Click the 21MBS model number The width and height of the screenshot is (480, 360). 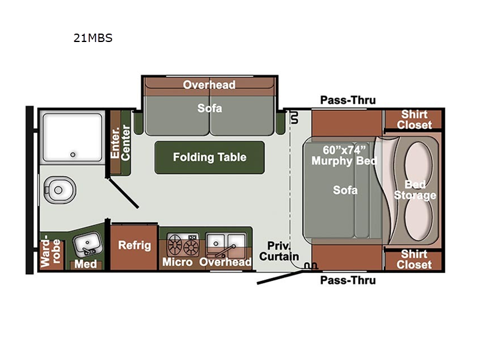click(x=93, y=38)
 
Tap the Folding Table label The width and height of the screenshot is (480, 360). click(x=209, y=157)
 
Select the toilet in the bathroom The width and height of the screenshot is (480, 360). click(x=59, y=190)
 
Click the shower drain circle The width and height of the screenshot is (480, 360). click(x=73, y=155)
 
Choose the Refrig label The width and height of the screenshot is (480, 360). click(x=134, y=245)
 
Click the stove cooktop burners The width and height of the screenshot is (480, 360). click(x=183, y=245)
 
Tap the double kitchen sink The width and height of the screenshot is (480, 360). click(x=226, y=245)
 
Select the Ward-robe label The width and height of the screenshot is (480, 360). click(x=50, y=251)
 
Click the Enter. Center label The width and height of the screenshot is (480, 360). click(x=121, y=143)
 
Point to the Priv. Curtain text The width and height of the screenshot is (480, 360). click(x=279, y=251)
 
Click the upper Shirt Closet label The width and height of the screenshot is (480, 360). click(x=415, y=119)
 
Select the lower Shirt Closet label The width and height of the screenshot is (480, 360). click(x=414, y=259)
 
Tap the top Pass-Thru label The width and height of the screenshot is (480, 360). click(x=348, y=100)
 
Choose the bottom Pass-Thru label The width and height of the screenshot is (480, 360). click(x=348, y=280)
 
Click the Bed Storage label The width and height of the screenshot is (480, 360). click(x=415, y=190)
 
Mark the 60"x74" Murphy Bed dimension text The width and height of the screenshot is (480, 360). click(x=344, y=155)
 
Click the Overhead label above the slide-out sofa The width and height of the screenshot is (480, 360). click(x=209, y=85)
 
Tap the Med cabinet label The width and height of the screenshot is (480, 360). click(x=86, y=264)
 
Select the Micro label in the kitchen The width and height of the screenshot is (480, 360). click(x=177, y=262)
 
